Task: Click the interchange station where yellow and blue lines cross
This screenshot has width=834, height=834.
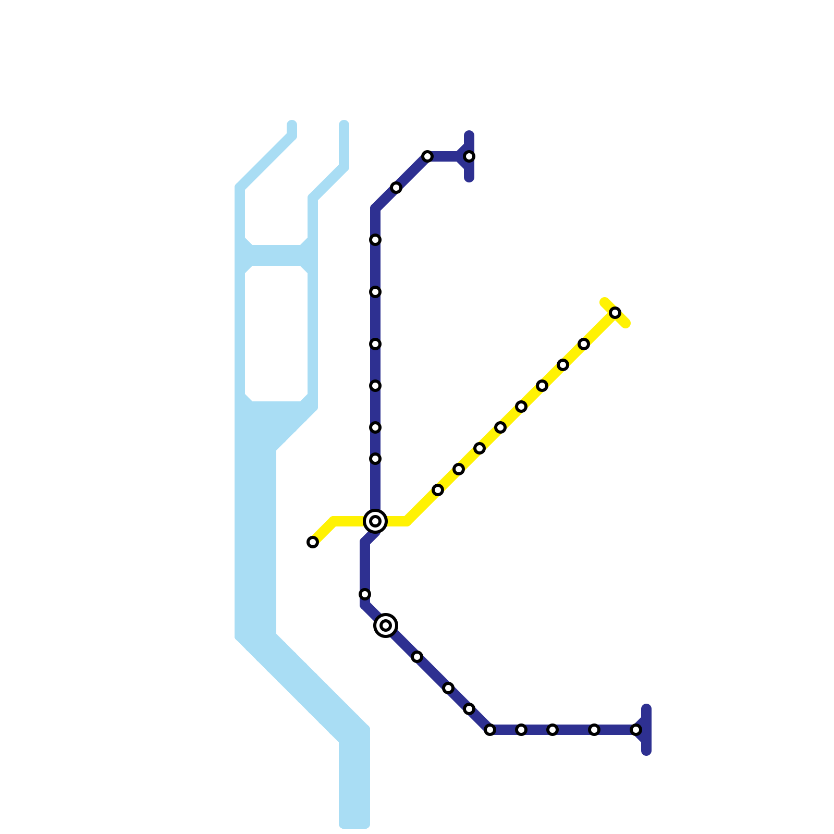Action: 375,521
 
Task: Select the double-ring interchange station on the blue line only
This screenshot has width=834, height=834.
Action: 386,625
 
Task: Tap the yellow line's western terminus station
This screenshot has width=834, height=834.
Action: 313,542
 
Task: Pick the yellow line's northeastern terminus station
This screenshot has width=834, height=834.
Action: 615,313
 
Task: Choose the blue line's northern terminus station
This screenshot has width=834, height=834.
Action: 469,156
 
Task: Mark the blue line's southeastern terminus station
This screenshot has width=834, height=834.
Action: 636,730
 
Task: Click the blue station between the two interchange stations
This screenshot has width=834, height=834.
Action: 365,594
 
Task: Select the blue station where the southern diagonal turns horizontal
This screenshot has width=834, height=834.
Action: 490,730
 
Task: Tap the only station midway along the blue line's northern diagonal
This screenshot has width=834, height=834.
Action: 396,188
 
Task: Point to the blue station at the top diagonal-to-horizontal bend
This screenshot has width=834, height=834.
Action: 427,156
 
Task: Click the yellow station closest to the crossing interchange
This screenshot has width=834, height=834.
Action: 438,490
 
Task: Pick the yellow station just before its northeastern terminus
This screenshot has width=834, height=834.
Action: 584,344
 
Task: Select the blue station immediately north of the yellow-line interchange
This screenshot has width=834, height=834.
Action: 375,459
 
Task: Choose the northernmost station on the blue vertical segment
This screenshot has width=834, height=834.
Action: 375,240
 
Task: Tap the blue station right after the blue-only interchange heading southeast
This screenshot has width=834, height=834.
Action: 417,657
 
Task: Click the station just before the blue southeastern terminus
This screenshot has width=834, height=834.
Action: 594,730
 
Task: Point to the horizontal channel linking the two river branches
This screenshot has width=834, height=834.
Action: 276,255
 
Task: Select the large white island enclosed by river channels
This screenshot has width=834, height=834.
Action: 276,334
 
